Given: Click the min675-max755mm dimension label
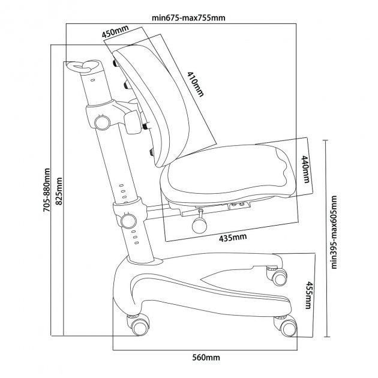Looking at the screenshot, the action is pyautogui.click(x=188, y=18).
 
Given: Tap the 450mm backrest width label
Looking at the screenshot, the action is pyautogui.click(x=115, y=31).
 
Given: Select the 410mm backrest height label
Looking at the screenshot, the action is pyautogui.click(x=195, y=84).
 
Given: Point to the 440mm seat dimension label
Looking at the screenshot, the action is pyautogui.click(x=305, y=169).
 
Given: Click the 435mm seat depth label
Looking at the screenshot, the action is pyautogui.click(x=233, y=237).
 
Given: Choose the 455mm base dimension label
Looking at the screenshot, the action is pyautogui.click(x=308, y=295).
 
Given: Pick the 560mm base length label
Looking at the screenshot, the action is pyautogui.click(x=206, y=357).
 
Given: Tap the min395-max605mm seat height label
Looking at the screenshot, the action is pyautogui.click(x=334, y=232).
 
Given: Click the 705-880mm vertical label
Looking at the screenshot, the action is pyautogui.click(x=47, y=190).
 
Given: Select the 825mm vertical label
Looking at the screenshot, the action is pyautogui.click(x=59, y=191).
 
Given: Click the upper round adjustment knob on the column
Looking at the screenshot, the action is pyautogui.click(x=102, y=123).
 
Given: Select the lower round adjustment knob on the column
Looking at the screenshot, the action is pyautogui.click(x=128, y=221).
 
